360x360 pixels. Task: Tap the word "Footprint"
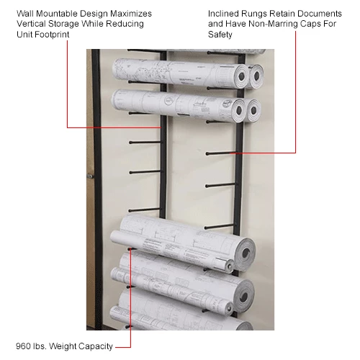[x=52, y=35]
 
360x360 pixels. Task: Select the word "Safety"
[x=220, y=35]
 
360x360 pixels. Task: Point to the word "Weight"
[x=63, y=346]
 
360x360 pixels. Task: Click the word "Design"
[x=94, y=14]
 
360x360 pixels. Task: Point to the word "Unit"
[x=24, y=35]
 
